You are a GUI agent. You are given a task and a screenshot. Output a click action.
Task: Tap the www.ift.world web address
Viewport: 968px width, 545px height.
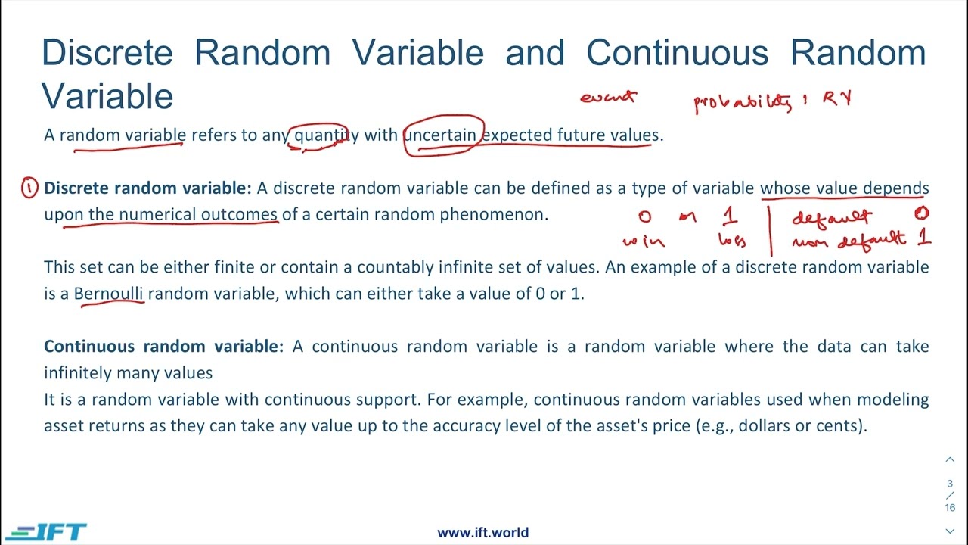pos(482,532)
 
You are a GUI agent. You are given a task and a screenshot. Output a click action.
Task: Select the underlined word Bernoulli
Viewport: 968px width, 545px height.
pos(108,294)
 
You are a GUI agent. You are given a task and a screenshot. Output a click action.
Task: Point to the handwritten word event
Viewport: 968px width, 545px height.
pos(608,97)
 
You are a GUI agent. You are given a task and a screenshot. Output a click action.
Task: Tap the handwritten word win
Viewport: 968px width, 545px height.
pos(644,242)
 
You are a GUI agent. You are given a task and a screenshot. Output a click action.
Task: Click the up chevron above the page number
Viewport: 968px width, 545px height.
pos(950,459)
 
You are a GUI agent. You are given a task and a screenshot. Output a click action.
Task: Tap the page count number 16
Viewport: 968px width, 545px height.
pos(950,508)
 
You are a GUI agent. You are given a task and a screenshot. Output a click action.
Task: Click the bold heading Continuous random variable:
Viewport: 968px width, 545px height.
pos(163,347)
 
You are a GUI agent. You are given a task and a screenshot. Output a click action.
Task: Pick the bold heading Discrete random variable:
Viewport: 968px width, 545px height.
pos(147,188)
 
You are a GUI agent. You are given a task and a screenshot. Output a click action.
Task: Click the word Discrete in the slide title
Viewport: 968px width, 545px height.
pos(107,53)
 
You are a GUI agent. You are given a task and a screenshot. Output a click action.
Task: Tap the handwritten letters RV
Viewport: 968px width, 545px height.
pos(837,98)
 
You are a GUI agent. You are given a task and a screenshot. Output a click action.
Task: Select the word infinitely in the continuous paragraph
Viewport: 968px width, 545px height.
pos(78,373)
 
